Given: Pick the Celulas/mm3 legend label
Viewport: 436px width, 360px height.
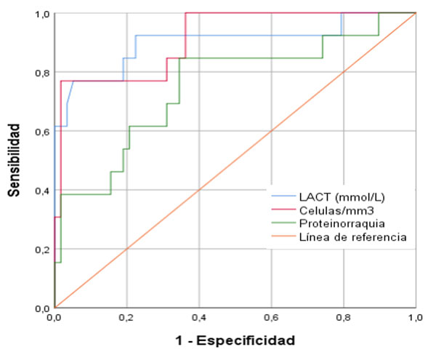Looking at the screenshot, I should (x=331, y=209).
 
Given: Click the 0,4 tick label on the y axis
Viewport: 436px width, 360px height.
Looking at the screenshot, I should (x=41, y=190).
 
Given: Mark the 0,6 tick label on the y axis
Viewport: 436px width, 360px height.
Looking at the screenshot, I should (x=41, y=131).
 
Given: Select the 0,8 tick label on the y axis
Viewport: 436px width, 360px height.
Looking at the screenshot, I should (x=41, y=72).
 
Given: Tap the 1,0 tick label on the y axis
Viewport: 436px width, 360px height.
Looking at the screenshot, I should (x=41, y=14).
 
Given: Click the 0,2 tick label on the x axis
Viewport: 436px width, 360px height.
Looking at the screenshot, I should (x=127, y=318).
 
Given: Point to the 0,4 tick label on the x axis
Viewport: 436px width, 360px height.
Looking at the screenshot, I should (x=199, y=318).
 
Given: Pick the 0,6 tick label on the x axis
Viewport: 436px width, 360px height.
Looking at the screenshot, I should (x=271, y=318).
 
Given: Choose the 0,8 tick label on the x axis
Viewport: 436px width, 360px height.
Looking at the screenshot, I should (x=343, y=318).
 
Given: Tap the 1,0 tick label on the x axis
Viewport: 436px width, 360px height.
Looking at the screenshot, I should (x=415, y=318).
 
